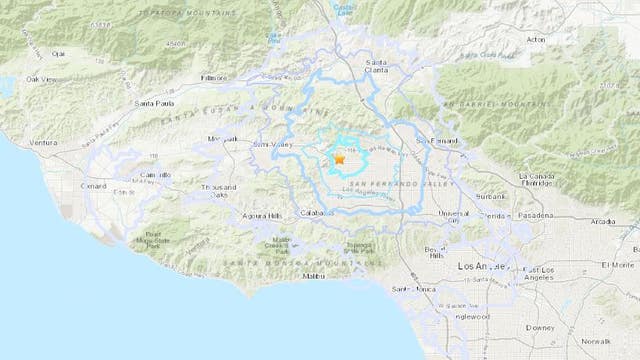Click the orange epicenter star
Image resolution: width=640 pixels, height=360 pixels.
coord(339,158)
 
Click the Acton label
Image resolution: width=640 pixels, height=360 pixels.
coord(535,40)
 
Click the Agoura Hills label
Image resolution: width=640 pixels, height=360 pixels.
coord(262,216)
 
